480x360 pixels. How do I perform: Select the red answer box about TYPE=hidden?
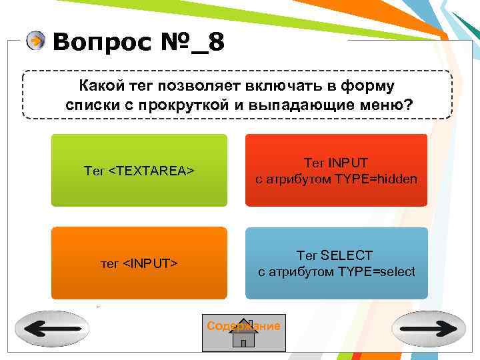pos(336,170)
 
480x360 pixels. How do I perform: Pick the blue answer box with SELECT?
pos(336,263)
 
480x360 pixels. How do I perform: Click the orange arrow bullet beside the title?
pos(36,42)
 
